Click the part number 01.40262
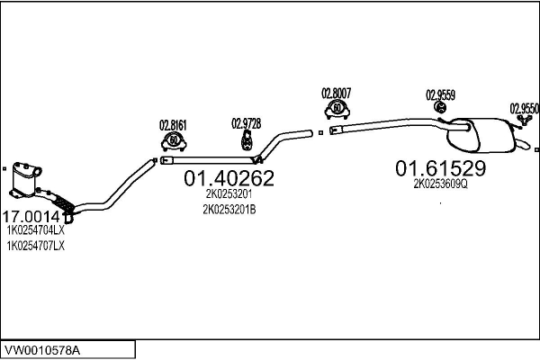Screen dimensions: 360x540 pos(229,179)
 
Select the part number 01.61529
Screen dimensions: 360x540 pos(441,168)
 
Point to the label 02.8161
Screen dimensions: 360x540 pos(173,124)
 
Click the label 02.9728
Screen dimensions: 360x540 pos(246,123)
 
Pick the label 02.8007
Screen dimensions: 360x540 pos(336,93)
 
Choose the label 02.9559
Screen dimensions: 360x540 pos(440,94)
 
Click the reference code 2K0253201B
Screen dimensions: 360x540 pos(229,210)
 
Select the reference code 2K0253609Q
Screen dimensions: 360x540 pos(441,184)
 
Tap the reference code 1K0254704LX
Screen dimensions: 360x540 pos(36,231)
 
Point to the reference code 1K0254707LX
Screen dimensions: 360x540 pos(36,246)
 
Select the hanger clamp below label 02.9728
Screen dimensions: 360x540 pos(245,140)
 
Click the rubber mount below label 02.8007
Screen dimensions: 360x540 pos(336,110)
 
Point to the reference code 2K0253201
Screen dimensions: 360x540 pos(229,193)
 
